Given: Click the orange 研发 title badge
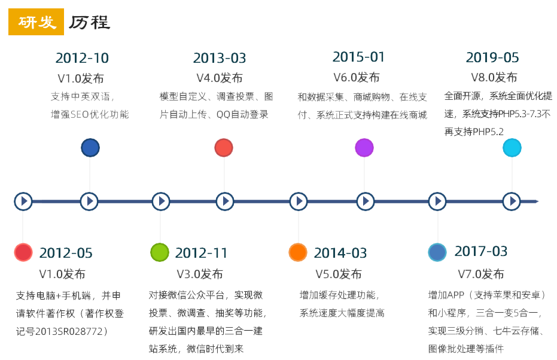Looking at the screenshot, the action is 36,22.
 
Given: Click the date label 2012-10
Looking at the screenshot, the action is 82,58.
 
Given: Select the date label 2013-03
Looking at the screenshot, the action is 220,58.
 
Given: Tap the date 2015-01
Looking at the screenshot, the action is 358,57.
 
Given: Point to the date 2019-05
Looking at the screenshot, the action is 492,57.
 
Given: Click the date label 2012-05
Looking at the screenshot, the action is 66,253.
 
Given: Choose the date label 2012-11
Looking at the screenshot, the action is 201,253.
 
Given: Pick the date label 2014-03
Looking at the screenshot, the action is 340,253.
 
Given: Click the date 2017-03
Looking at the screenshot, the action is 481,251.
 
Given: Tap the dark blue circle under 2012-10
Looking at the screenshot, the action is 90,148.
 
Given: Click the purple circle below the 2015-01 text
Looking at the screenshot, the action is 364,148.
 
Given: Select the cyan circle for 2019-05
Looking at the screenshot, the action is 512,148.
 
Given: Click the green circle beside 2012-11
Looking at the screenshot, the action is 160,252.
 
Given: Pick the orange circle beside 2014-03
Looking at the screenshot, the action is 298,252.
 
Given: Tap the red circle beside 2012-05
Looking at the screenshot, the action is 23,252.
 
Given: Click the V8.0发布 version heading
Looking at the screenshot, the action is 494,77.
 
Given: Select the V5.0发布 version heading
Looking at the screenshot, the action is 339,274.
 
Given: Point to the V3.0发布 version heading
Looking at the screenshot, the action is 200,274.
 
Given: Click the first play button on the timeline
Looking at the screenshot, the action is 23,202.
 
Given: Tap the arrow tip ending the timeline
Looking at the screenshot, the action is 538,202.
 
